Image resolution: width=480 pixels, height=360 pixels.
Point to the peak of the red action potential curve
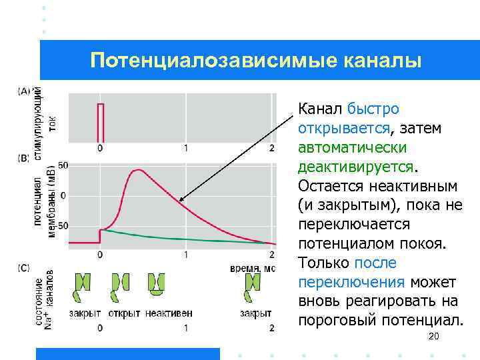[137, 170]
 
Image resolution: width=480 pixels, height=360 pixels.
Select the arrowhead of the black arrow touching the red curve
[181, 198]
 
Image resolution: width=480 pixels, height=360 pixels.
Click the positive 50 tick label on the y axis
[63, 165]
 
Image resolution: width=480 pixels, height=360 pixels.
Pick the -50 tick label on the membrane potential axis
[60, 226]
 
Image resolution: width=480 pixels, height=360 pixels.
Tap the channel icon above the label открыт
[119, 285]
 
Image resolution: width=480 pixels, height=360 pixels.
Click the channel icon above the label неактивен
[157, 284]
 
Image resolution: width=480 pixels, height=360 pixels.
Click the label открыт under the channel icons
[124, 313]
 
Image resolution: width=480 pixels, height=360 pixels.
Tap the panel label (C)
[24, 268]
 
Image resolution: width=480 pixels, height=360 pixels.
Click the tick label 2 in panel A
[271, 147]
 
